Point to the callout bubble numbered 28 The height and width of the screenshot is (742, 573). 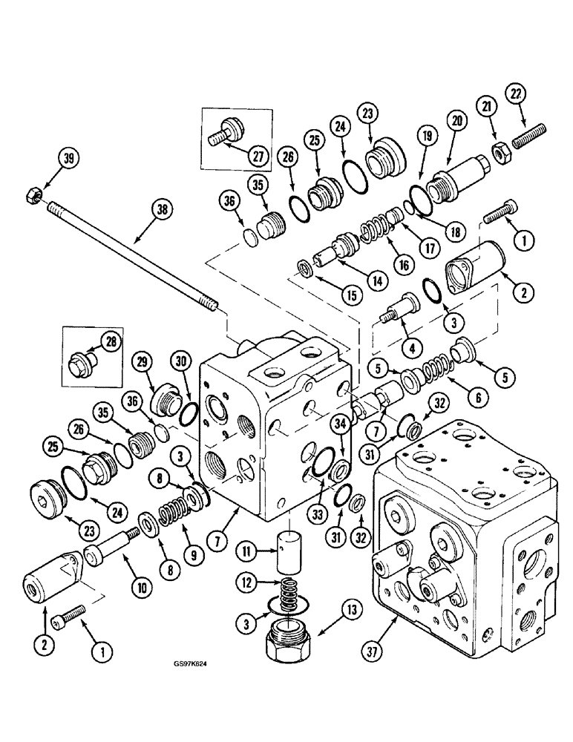111,341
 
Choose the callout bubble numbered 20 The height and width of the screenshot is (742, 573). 455,122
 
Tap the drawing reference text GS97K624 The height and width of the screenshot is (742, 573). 185,683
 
